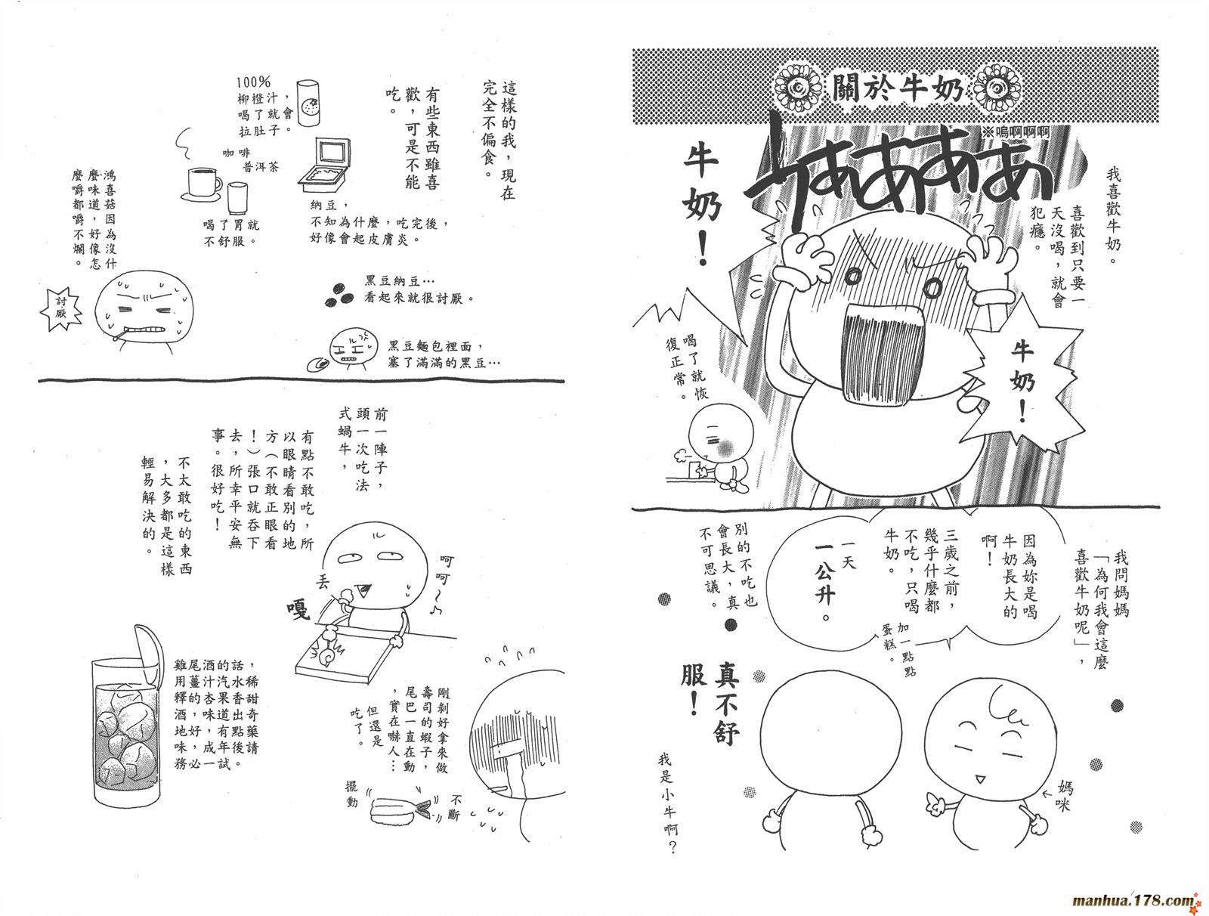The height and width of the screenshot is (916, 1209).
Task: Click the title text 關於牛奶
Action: coord(897,91)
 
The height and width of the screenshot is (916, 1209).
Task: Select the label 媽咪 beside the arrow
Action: coord(1065,797)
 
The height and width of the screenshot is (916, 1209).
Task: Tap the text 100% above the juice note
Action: coord(253,82)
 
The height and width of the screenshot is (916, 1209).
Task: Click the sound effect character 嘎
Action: coord(298,609)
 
